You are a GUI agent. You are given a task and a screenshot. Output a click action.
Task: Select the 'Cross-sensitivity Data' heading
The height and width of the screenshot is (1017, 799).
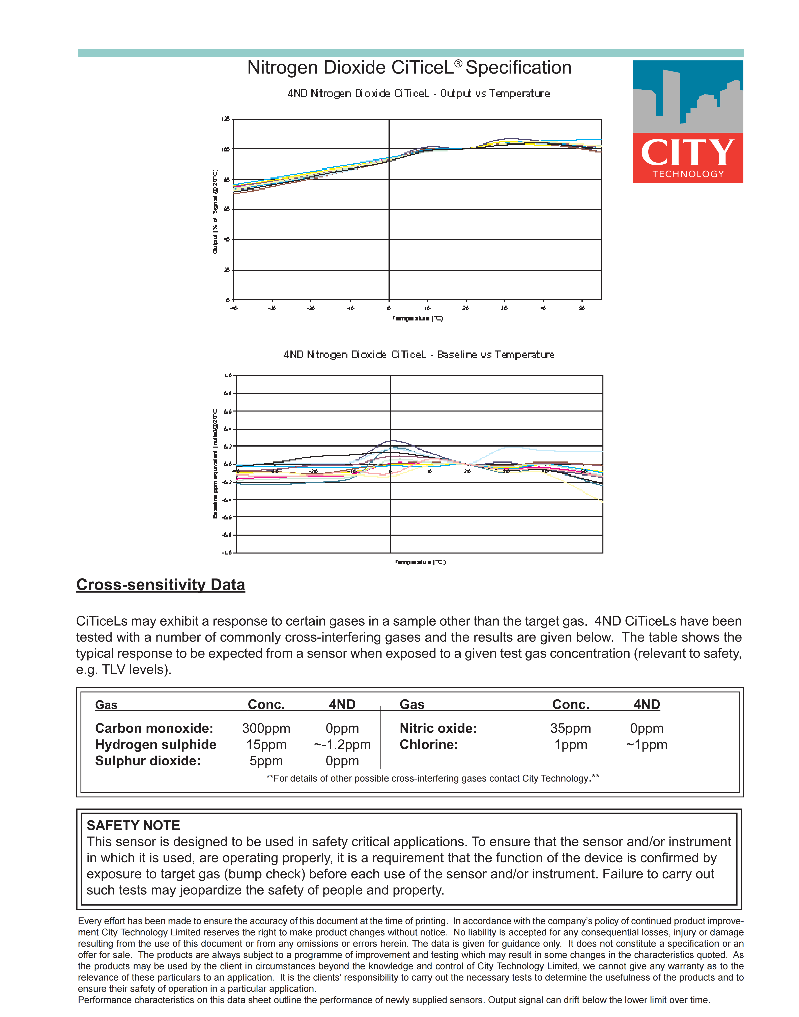tap(161, 585)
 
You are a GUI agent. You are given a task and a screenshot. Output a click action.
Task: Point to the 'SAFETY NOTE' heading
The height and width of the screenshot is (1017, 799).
tap(133, 826)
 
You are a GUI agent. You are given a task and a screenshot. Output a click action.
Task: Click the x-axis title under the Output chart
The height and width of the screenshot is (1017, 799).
tap(418, 319)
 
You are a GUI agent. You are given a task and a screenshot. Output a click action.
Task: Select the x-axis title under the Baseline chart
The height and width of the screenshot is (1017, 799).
tap(420, 562)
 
